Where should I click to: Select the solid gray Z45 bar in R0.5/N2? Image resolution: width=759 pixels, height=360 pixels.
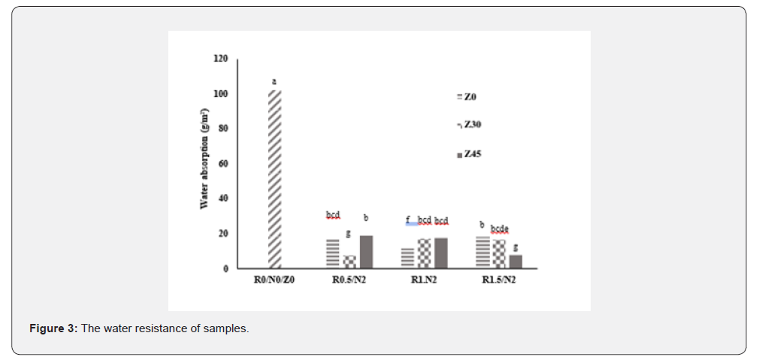(366, 252)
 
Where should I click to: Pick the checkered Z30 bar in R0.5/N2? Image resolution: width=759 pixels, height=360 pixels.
(349, 262)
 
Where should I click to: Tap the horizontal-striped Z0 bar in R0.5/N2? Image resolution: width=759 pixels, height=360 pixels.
(332, 253)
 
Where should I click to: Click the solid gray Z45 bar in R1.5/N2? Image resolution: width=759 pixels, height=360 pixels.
(516, 261)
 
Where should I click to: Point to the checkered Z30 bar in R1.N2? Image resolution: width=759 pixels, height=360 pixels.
(424, 253)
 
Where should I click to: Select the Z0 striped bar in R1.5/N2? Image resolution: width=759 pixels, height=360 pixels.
(482, 252)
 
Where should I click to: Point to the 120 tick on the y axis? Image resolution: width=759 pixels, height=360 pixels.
(220, 59)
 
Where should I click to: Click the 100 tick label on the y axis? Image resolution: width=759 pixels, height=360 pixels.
(220, 94)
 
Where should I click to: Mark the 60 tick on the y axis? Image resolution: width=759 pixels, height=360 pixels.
(222, 164)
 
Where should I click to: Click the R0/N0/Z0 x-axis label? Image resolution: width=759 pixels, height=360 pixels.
(274, 280)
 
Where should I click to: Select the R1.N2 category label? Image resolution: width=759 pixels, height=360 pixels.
(425, 280)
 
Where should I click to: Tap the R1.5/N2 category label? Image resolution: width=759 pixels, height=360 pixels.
(499, 280)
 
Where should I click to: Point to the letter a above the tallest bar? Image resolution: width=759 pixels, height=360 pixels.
(274, 80)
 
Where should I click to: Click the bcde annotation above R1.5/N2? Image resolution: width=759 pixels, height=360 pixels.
(500, 228)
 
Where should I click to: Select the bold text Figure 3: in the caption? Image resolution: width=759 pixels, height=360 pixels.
(53, 329)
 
